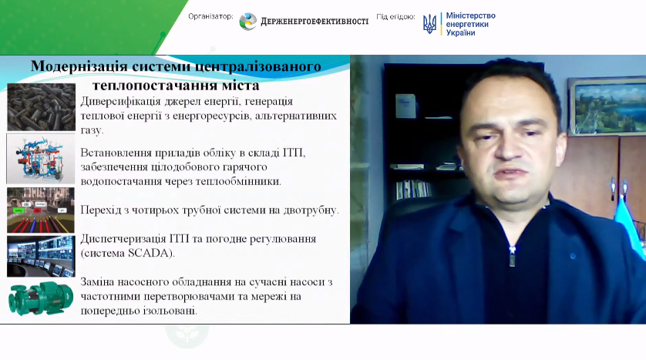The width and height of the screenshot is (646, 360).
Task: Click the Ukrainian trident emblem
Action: [429, 24]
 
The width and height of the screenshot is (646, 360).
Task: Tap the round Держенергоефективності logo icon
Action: [248, 22]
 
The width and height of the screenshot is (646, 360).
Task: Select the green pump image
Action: [41, 298]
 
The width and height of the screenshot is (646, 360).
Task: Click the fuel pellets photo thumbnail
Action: [41, 107]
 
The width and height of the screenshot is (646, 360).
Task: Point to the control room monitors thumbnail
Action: [41, 256]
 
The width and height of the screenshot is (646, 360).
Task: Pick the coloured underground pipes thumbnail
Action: [41, 210]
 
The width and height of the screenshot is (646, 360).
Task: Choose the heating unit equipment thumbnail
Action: [41, 159]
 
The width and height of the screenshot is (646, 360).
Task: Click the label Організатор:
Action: [210, 16]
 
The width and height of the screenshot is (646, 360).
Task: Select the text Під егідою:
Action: [395, 17]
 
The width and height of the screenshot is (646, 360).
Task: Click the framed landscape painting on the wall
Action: [607, 106]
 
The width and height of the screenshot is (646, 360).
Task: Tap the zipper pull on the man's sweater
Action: [512, 257]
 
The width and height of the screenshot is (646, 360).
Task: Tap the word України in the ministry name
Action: [461, 33]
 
